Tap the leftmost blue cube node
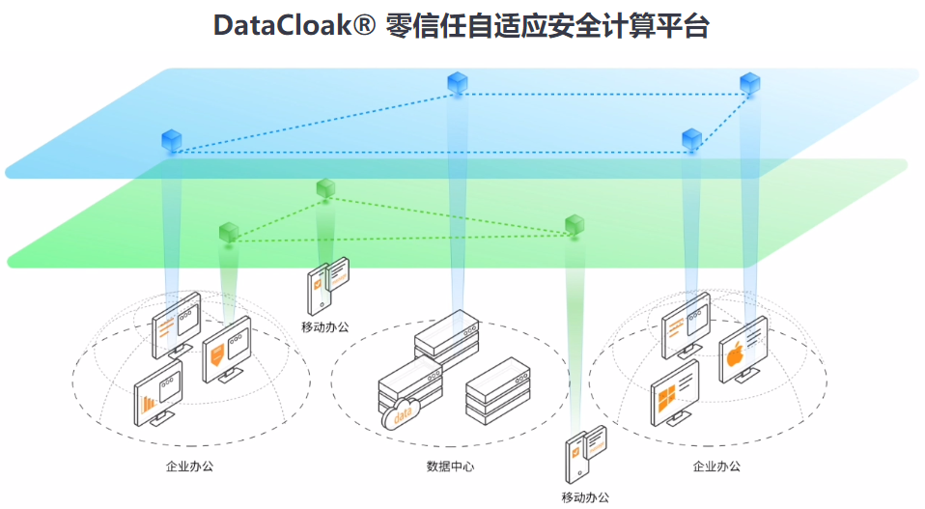tap(172, 141)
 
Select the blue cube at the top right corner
tap(749, 84)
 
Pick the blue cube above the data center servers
tap(457, 84)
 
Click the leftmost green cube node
tap(229, 232)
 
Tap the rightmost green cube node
tap(575, 225)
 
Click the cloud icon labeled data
tap(398, 416)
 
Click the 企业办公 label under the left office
tap(189, 467)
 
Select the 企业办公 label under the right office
tap(717, 467)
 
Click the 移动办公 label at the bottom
tap(585, 497)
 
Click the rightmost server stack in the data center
tap(498, 388)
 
